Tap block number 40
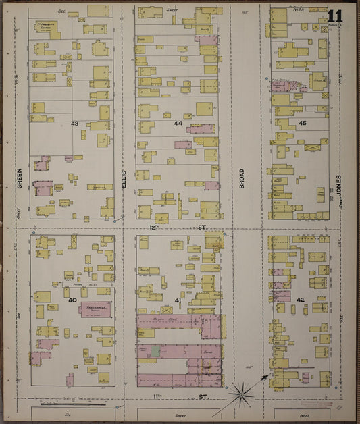coord(72,300)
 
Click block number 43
coord(74,124)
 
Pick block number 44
coord(178,124)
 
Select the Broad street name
coord(241,178)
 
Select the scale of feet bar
coord(68,404)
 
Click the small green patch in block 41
coord(156,351)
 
